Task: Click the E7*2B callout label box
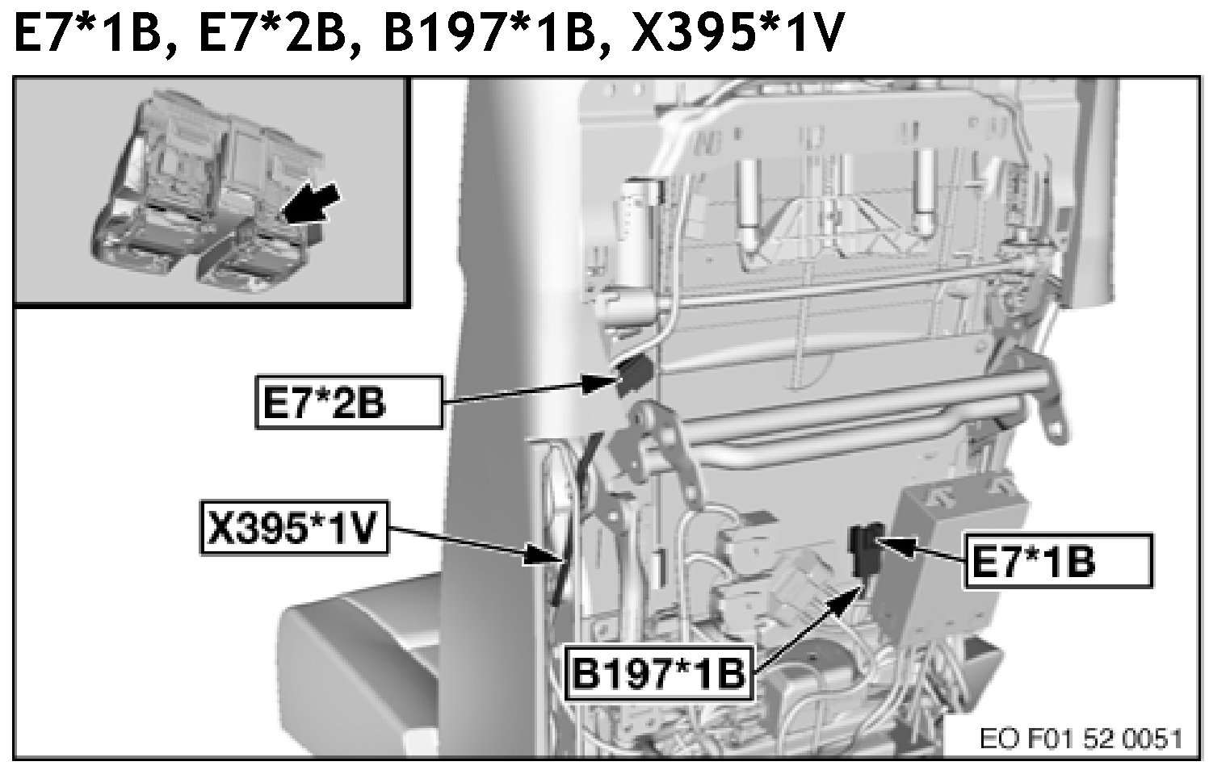(x=349, y=403)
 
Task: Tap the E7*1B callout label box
(x=1059, y=561)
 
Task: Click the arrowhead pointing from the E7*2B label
(x=600, y=384)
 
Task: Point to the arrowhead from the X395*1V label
(x=542, y=554)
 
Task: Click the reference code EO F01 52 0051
(x=1081, y=739)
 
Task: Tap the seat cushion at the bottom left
(x=367, y=659)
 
